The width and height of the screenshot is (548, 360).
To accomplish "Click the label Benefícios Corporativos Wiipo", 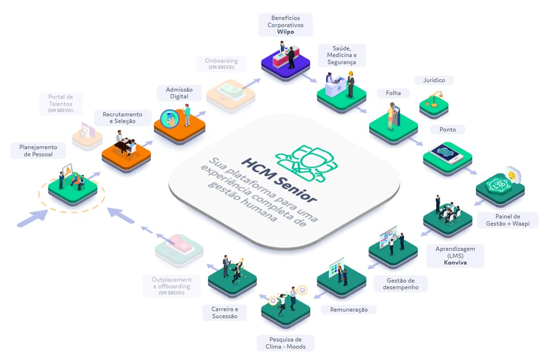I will pos(285,24).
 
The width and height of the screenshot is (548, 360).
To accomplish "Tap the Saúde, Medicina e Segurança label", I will pos(341,55).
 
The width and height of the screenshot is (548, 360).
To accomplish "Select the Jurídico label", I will pos(434,80).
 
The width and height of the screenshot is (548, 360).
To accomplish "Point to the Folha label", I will pos(393,93).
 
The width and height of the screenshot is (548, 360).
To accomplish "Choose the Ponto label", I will pos(448,129).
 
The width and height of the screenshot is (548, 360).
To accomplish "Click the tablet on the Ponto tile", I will pos(448,152).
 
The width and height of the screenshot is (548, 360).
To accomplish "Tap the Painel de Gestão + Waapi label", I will pos(508,220).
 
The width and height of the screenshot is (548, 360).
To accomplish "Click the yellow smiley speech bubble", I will pos(512,176).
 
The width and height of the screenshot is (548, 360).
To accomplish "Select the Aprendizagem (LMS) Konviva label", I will pos(455,256).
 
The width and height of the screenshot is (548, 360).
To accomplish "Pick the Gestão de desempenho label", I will pos(400,284).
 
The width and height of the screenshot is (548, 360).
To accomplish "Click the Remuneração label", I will pos(349,309).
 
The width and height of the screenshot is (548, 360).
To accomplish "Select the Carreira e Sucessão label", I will pos(224,312).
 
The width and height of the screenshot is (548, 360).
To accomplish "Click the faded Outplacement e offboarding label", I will pos(172,286).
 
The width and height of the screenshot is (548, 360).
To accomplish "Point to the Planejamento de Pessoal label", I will pos(39,151).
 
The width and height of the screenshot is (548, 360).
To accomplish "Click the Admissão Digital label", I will pos(179,93).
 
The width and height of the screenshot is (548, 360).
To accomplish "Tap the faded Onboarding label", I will pos(221,64).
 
